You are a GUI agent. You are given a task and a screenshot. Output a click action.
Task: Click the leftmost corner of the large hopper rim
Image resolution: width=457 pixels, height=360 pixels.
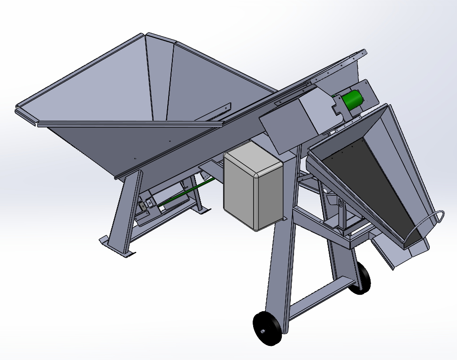click(19, 106)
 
